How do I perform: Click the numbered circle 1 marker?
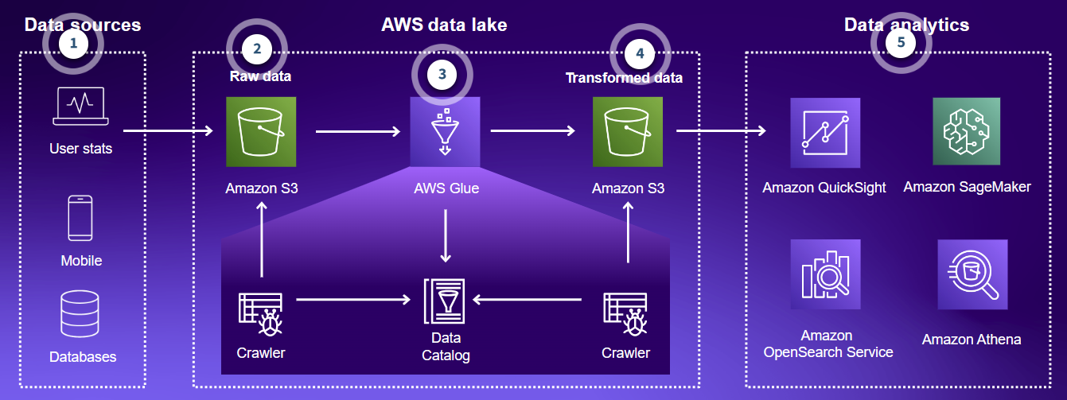[x=73, y=44]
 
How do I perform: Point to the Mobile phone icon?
[x=80, y=218]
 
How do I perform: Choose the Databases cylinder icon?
[x=80, y=314]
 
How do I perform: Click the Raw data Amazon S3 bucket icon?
[x=261, y=132]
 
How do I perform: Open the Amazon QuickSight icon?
[x=825, y=133]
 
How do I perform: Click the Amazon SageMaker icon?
[x=967, y=132]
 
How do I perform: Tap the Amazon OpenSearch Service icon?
[x=825, y=274]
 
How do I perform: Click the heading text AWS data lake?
[x=444, y=25]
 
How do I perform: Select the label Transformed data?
[x=624, y=78]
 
